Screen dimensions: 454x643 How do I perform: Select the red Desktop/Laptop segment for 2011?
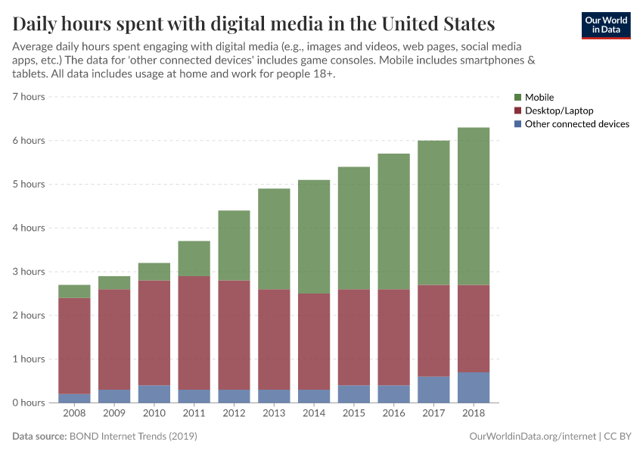(194, 333)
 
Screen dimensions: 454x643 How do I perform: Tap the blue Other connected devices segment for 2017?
(433, 389)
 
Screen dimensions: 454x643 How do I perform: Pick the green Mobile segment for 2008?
(74, 291)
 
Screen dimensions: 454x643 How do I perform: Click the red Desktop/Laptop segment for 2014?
(314, 341)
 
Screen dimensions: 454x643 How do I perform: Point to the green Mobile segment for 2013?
(274, 238)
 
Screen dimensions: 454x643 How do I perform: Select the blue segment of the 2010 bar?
(154, 393)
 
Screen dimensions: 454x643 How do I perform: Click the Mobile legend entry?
(539, 98)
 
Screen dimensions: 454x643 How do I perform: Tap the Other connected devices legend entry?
(576, 124)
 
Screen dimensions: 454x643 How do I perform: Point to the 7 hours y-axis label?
(29, 97)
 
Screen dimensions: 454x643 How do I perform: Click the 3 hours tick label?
(29, 272)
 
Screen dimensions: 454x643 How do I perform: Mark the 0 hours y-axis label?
(29, 403)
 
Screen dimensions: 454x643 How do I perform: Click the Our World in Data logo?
(605, 25)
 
